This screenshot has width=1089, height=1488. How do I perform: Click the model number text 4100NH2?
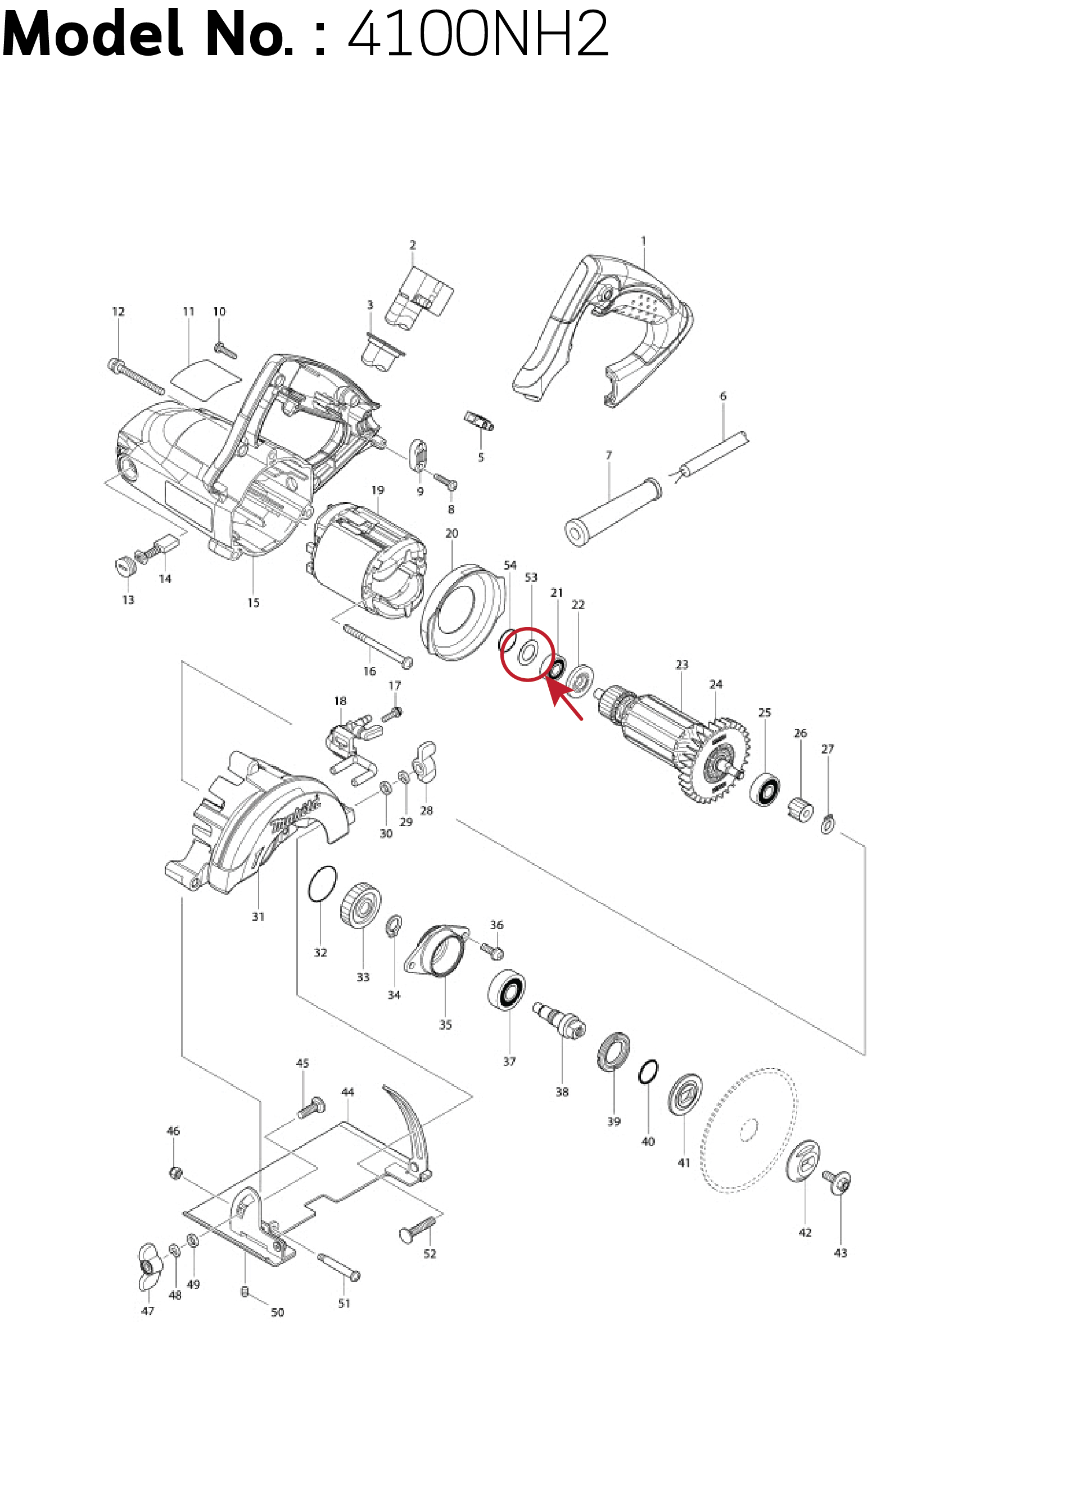click(x=477, y=34)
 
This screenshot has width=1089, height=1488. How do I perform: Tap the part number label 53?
click(x=531, y=578)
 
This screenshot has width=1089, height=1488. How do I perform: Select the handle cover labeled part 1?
click(x=603, y=330)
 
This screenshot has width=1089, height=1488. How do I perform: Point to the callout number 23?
click(x=681, y=665)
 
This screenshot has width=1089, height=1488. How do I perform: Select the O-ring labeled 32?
click(x=322, y=883)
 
